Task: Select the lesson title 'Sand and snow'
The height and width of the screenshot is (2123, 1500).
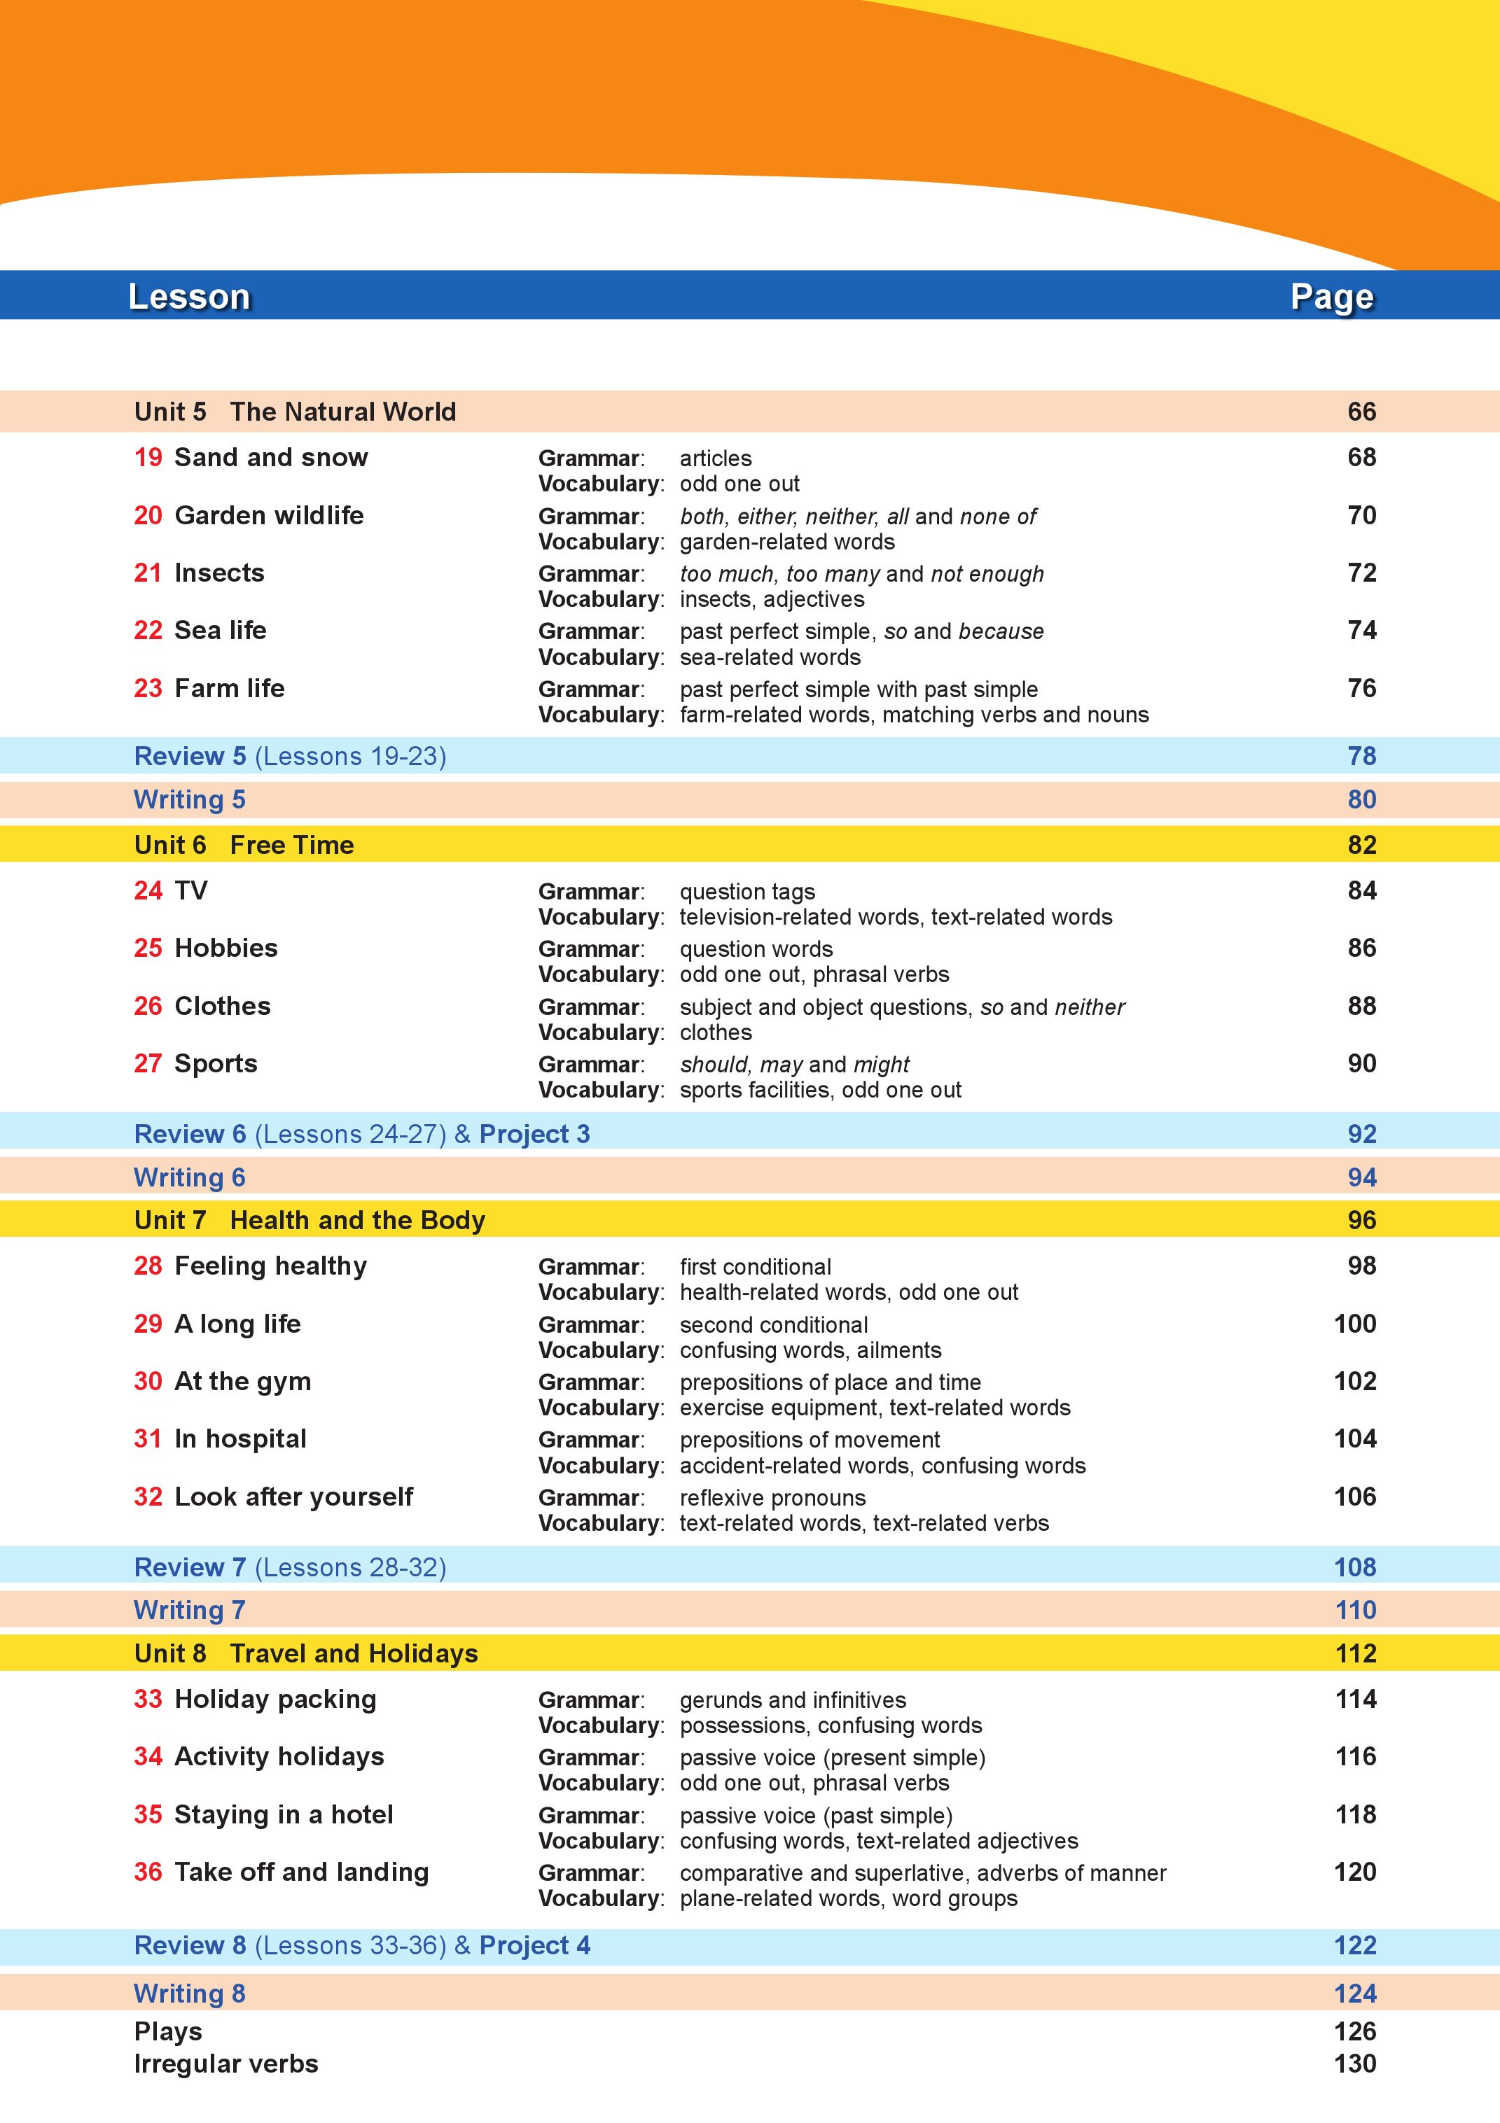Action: tap(270, 458)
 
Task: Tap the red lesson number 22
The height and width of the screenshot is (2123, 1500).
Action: tap(148, 631)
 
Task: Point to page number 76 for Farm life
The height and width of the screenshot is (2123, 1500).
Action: tap(1361, 688)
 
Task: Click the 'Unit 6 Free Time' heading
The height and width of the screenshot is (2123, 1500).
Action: tap(244, 845)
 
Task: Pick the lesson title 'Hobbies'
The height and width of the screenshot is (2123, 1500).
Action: tap(225, 948)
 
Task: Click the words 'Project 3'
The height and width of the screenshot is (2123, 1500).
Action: tap(534, 1135)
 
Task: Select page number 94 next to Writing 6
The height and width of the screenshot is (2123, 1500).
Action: tap(1361, 1178)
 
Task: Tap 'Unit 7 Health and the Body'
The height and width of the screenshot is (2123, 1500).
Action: tap(309, 1221)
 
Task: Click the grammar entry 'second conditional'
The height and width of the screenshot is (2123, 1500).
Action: tap(773, 1325)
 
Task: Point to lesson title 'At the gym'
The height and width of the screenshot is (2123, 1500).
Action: tap(242, 1382)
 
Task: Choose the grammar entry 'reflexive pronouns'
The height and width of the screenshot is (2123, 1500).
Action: tap(772, 1498)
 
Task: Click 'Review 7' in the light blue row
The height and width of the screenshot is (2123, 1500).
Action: tap(190, 1567)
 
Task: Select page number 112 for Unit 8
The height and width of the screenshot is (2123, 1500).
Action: tap(1355, 1653)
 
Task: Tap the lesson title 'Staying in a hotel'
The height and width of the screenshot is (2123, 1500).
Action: tap(283, 1814)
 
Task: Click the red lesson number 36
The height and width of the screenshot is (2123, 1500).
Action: tap(148, 1872)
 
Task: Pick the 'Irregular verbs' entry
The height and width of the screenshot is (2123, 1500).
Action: tap(225, 2064)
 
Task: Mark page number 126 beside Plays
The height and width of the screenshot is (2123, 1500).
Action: tap(1355, 2031)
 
